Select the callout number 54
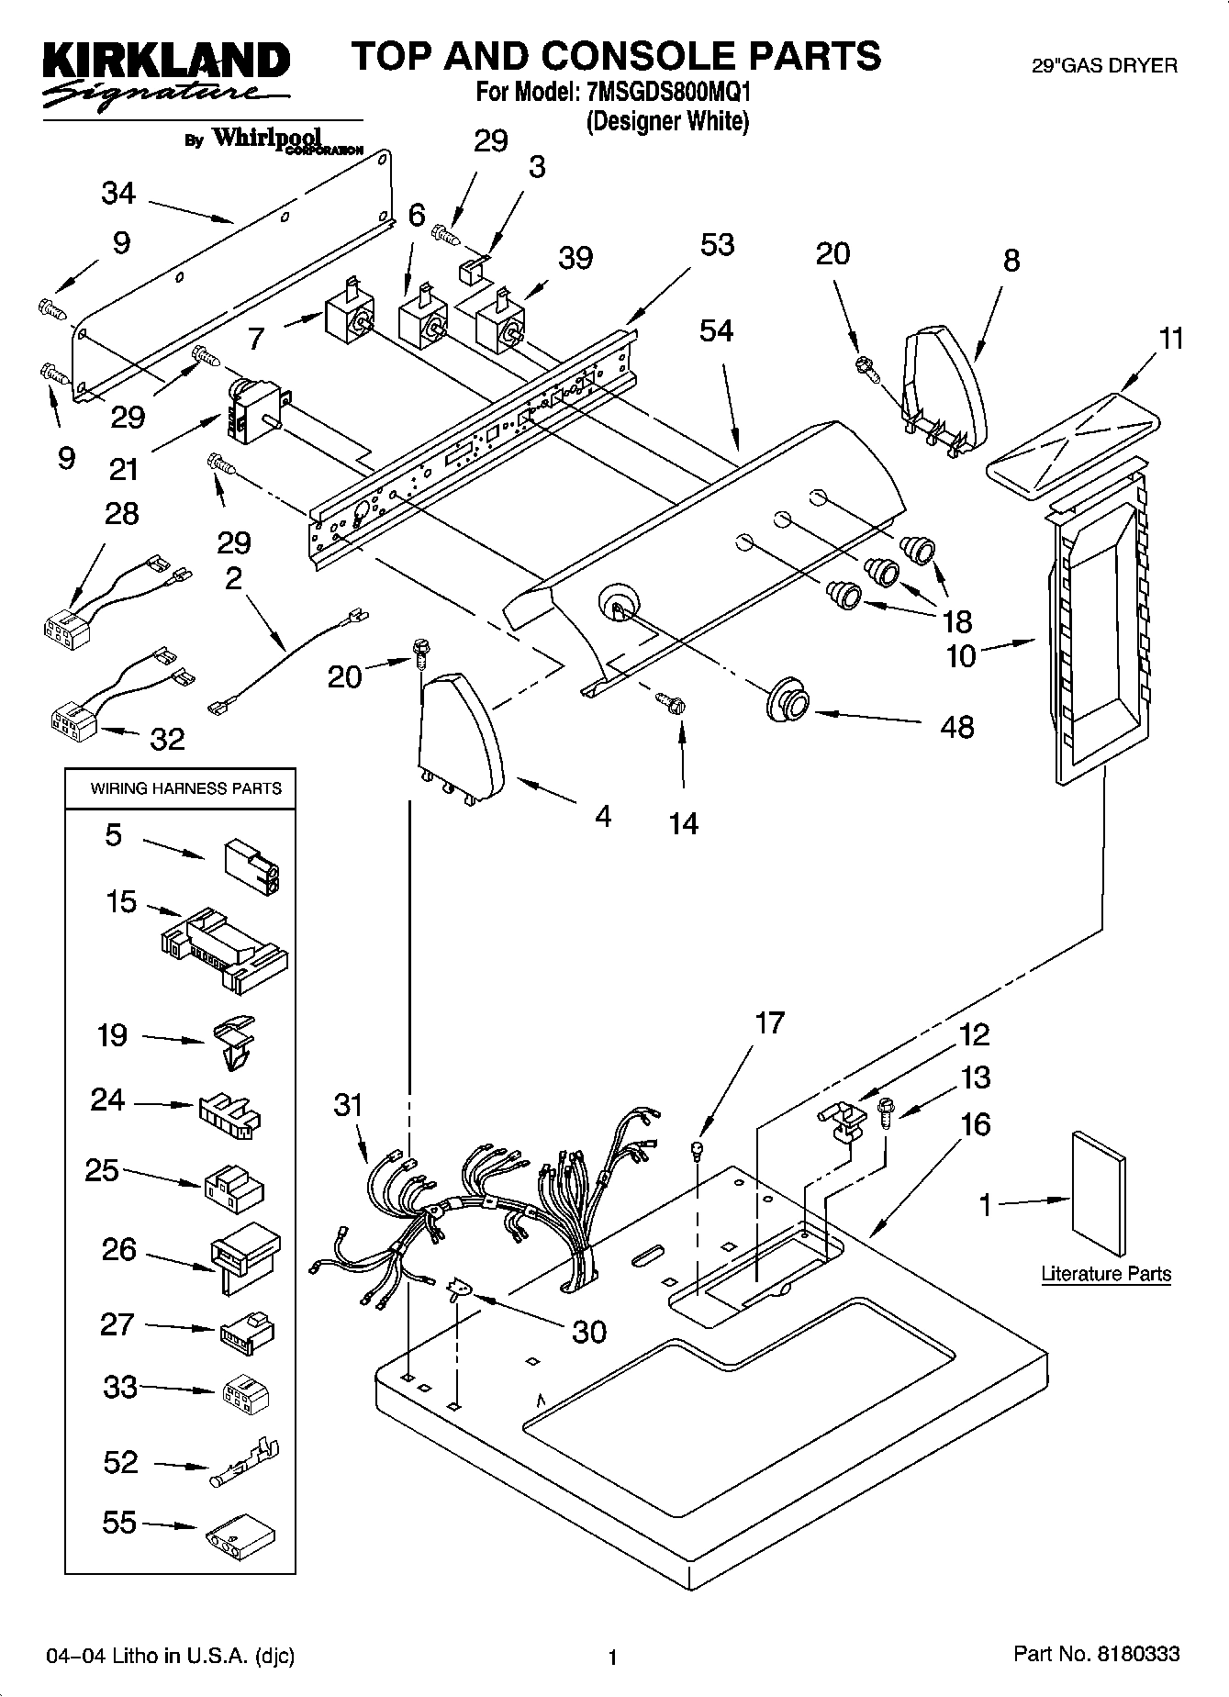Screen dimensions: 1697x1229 tap(716, 330)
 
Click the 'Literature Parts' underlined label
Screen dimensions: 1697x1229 tap(1106, 1274)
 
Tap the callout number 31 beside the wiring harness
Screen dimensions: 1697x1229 tap(349, 1105)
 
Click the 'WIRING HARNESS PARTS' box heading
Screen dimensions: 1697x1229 tap(185, 788)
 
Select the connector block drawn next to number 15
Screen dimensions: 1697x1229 tap(225, 951)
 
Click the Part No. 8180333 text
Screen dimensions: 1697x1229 tap(1096, 1654)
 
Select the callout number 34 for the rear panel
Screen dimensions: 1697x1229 tap(118, 194)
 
